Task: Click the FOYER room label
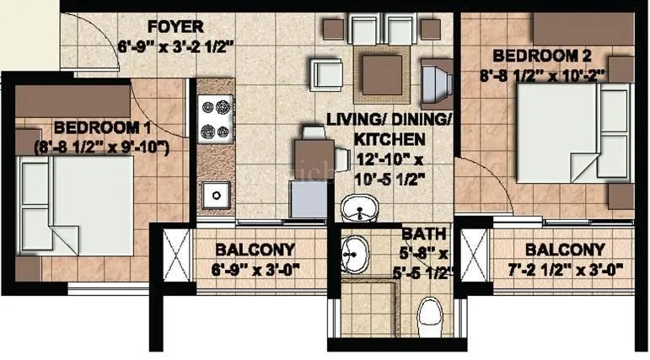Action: tap(175, 26)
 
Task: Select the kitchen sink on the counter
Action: tap(217, 195)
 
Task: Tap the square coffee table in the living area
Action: tap(382, 74)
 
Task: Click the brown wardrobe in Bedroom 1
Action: tap(73, 100)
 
